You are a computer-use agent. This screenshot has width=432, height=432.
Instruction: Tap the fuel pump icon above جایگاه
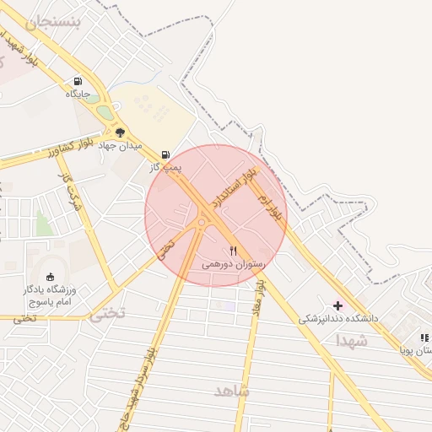click(x=78, y=82)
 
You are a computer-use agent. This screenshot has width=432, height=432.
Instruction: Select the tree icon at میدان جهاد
click(x=120, y=132)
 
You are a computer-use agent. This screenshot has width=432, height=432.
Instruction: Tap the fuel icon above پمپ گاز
click(x=165, y=154)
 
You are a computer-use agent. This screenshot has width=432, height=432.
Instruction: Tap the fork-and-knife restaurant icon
click(x=234, y=251)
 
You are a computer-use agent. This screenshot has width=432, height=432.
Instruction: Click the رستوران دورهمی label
click(x=234, y=264)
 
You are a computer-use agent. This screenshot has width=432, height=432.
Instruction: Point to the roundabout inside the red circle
click(x=202, y=223)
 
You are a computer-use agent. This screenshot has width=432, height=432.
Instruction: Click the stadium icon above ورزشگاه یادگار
click(x=51, y=276)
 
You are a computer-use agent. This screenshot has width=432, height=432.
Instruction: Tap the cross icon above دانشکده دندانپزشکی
click(x=338, y=305)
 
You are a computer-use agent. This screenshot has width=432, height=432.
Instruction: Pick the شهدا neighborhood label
click(x=352, y=341)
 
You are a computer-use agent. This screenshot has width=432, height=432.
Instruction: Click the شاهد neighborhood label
click(x=232, y=391)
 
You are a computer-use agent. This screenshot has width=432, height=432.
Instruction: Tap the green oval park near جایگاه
click(x=104, y=111)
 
